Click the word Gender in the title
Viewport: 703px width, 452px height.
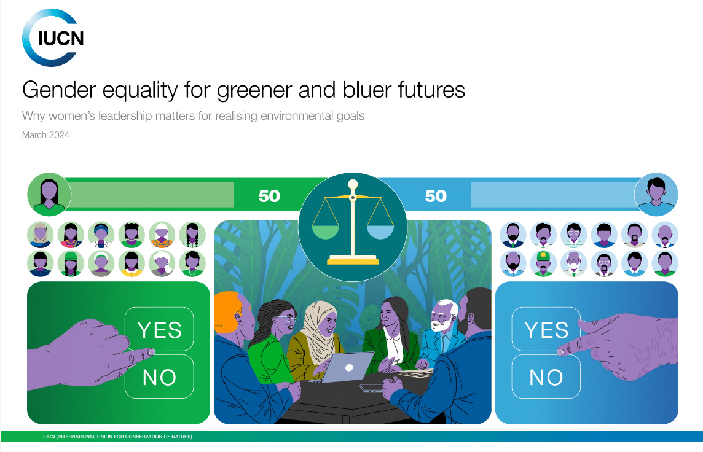pyautogui.click(x=59, y=90)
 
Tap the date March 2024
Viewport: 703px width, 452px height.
pyautogui.click(x=45, y=135)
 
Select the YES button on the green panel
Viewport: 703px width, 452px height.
pyautogui.click(x=159, y=329)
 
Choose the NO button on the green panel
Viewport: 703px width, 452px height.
pyautogui.click(x=159, y=376)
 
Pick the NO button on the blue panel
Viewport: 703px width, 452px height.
pyautogui.click(x=546, y=376)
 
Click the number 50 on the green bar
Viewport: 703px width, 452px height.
pyautogui.click(x=269, y=196)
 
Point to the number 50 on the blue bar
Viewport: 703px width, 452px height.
pyautogui.click(x=436, y=196)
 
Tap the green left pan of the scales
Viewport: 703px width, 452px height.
pyautogui.click(x=326, y=232)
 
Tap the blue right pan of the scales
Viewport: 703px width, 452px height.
pyautogui.click(x=380, y=232)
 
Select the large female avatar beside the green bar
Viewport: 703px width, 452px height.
pyautogui.click(x=49, y=195)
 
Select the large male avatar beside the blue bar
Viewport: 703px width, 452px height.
pyautogui.click(x=656, y=195)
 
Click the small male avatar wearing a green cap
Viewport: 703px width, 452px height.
pyautogui.click(x=543, y=263)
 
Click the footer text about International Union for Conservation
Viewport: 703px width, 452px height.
pyautogui.click(x=117, y=436)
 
